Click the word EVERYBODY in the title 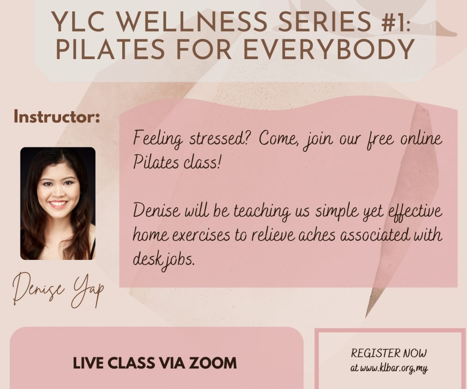click(x=328, y=49)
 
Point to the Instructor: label click(x=56, y=117)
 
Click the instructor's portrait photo click(x=58, y=203)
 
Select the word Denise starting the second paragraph click(x=156, y=211)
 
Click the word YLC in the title click(x=79, y=22)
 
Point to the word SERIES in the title click(x=320, y=22)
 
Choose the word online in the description click(x=421, y=139)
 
